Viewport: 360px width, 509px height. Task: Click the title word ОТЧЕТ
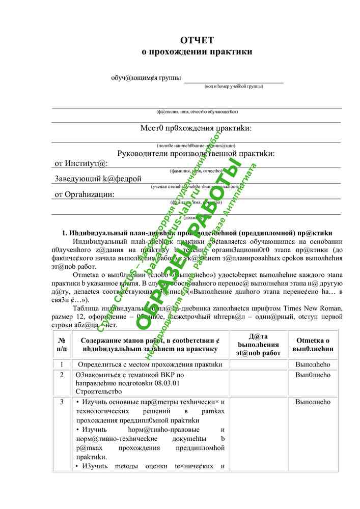tap(197, 40)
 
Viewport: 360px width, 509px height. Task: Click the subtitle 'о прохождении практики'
tap(197, 51)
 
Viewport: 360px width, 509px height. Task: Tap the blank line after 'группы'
tap(234, 79)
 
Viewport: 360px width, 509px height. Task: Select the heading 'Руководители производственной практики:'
tap(196, 153)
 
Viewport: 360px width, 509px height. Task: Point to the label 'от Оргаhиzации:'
tap(85, 194)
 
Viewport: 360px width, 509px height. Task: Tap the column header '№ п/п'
tap(62, 344)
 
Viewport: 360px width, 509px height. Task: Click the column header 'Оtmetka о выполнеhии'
tap(313, 345)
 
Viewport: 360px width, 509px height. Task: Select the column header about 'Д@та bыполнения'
tap(258, 345)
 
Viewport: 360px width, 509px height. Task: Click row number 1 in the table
tap(62, 364)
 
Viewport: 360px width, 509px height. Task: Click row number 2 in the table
tap(62, 375)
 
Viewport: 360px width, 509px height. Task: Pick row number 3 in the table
tap(62, 402)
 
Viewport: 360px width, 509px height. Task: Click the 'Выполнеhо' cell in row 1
tap(313, 364)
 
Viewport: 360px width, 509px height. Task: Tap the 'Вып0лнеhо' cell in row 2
tap(313, 375)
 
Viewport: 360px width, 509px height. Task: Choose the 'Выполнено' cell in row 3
tap(313, 402)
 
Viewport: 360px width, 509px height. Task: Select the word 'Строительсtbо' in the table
tap(99, 391)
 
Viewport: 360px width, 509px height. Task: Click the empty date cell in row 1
tap(258, 364)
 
